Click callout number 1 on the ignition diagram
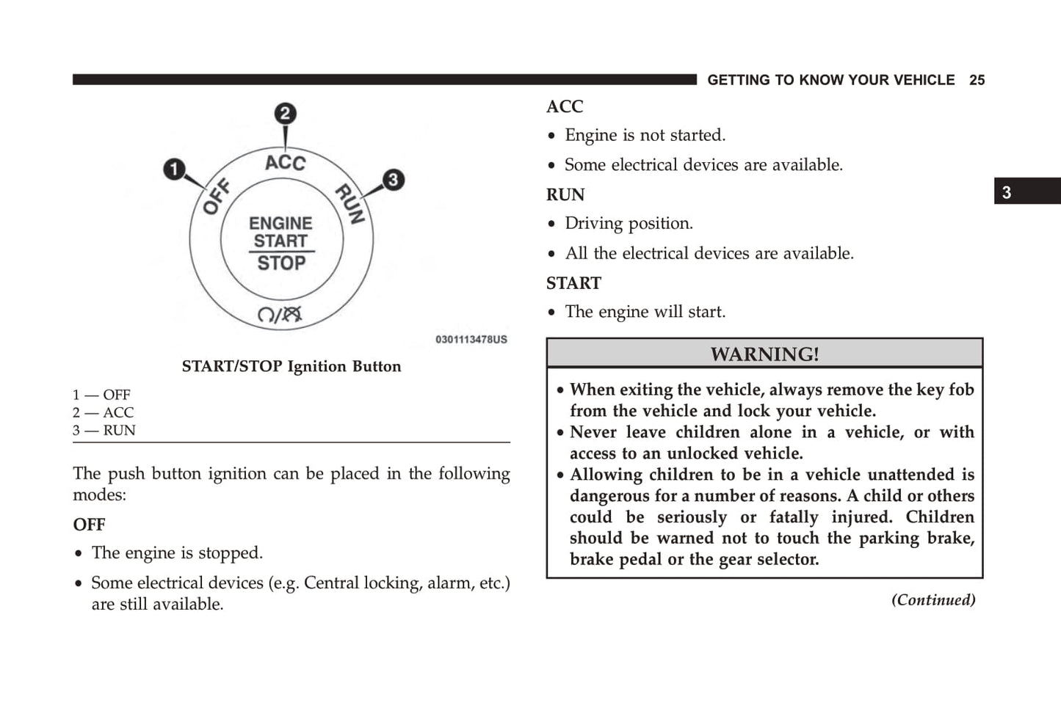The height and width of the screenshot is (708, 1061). (174, 169)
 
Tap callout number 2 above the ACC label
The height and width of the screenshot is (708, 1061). (285, 114)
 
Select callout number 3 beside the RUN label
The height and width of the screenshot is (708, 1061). (393, 180)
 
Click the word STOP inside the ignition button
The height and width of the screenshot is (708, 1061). (281, 263)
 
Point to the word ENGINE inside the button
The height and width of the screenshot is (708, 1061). (280, 223)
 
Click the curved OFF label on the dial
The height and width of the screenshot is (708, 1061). (217, 197)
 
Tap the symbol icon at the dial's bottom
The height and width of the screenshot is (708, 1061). (280, 315)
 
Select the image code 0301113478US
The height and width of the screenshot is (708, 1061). (471, 340)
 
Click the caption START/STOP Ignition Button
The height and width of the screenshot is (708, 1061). (291, 366)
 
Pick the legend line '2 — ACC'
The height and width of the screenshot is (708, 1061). (104, 412)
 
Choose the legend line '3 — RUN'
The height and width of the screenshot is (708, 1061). (104, 430)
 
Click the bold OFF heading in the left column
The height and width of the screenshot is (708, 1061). (89, 525)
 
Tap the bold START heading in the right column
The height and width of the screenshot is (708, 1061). (573, 283)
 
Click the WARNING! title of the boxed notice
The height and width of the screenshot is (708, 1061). (764, 354)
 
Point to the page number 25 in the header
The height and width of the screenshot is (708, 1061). (977, 80)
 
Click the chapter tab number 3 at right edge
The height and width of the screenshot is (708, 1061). (1007, 192)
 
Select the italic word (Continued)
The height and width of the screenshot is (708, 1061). (933, 600)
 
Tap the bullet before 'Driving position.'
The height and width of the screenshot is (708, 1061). (552, 225)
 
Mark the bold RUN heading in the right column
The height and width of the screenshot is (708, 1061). (565, 194)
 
